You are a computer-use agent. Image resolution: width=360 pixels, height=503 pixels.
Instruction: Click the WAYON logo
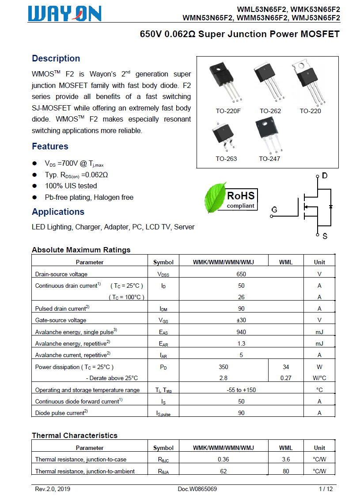click(x=64, y=14)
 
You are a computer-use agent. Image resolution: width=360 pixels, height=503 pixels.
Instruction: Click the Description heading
click(x=56, y=58)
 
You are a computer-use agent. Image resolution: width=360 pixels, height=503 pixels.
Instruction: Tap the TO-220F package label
click(x=228, y=111)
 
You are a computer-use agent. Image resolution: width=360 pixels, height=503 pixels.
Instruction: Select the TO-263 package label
click(x=226, y=159)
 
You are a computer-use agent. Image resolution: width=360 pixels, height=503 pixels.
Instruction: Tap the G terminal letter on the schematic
click(x=274, y=210)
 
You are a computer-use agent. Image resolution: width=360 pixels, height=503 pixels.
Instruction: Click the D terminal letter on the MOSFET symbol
click(x=325, y=176)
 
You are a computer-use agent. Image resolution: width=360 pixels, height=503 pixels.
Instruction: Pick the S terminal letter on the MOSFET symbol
click(x=325, y=236)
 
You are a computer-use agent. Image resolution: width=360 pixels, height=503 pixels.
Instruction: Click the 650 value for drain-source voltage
click(x=241, y=274)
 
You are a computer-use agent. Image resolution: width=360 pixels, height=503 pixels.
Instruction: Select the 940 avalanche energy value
click(x=241, y=332)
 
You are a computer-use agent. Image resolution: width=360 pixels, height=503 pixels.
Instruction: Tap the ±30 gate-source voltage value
click(x=241, y=320)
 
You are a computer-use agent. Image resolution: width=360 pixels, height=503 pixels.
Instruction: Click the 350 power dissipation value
click(x=224, y=367)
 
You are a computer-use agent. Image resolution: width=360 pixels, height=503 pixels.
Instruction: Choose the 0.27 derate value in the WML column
click(x=286, y=378)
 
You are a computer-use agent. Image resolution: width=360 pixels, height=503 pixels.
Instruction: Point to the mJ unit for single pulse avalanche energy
click(x=319, y=332)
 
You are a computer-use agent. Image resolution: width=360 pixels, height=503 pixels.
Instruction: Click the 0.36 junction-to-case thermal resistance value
click(x=224, y=460)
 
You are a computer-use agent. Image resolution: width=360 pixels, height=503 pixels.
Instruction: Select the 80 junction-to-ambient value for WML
click(x=286, y=471)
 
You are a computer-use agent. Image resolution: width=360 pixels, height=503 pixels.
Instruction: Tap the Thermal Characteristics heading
click(x=75, y=435)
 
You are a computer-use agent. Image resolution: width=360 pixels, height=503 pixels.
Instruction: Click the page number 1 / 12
click(x=326, y=489)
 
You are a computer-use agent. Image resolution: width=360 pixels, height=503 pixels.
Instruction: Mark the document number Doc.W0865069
click(x=197, y=489)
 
